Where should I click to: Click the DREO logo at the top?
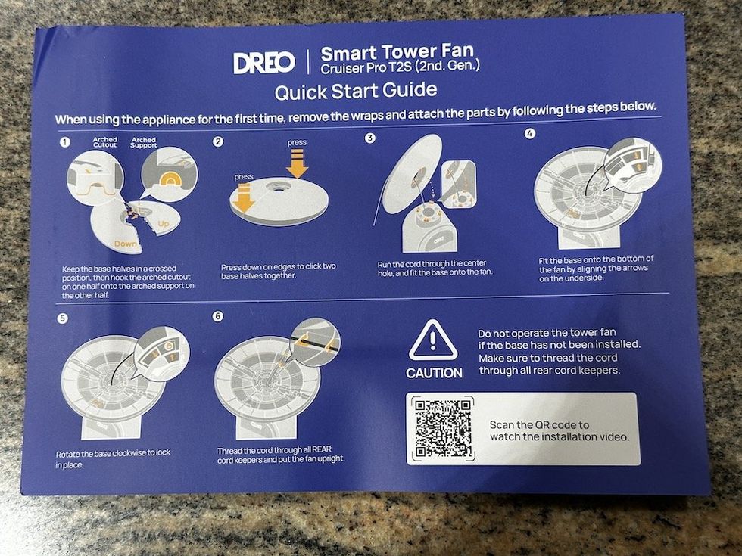pyautogui.click(x=263, y=62)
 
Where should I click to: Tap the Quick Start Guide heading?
pyautogui.click(x=356, y=92)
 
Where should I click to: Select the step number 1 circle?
pyautogui.click(x=66, y=141)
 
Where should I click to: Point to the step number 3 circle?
pyautogui.click(x=370, y=138)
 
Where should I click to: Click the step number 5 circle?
pyautogui.click(x=62, y=318)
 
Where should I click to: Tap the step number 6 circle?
pyautogui.click(x=218, y=316)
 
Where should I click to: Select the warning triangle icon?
pyautogui.click(x=433, y=340)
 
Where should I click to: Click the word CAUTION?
pyautogui.click(x=434, y=373)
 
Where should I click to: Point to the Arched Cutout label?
pyautogui.click(x=104, y=142)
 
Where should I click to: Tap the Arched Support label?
pyautogui.click(x=143, y=142)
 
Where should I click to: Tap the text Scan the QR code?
pyautogui.click(x=539, y=424)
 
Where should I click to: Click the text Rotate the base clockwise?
pyautogui.click(x=113, y=453)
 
